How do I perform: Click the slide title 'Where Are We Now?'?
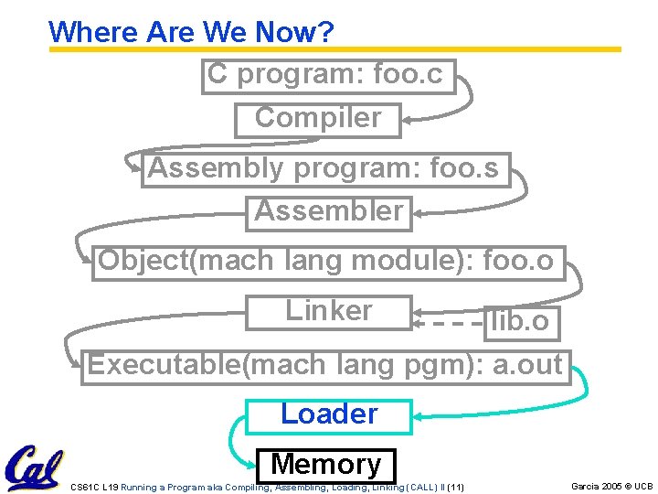click(x=191, y=32)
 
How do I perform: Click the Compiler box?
click(x=317, y=119)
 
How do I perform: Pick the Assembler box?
click(x=329, y=212)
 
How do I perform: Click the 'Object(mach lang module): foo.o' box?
click(x=327, y=262)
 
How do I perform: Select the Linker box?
click(x=329, y=311)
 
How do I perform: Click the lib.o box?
click(x=520, y=322)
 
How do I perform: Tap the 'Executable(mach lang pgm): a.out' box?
click(x=325, y=366)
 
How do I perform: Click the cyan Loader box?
click(x=329, y=415)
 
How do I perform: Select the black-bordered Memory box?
click(x=326, y=465)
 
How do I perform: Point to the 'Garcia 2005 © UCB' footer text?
click(x=611, y=486)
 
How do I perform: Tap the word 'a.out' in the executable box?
click(x=527, y=366)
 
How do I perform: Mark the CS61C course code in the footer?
click(x=84, y=488)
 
